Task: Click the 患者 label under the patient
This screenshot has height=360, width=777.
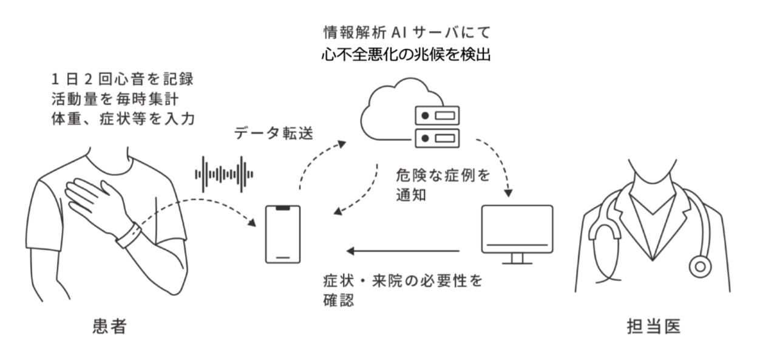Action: pyautogui.click(x=110, y=326)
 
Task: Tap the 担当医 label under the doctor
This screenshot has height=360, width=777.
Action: pyautogui.click(x=654, y=327)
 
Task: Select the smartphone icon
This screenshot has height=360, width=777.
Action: pyautogui.click(x=283, y=234)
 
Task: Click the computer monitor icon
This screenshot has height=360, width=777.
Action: pyautogui.click(x=517, y=234)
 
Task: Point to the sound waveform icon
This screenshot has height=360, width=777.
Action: pyautogui.click(x=224, y=174)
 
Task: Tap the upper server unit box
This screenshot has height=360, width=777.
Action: pyautogui.click(x=437, y=115)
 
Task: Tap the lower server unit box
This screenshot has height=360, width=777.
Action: pyautogui.click(x=437, y=138)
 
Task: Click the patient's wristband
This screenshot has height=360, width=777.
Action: pyautogui.click(x=129, y=235)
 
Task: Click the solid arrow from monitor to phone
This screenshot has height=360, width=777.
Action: pyautogui.click(x=403, y=251)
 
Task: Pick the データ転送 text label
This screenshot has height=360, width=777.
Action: pyautogui.click(x=274, y=133)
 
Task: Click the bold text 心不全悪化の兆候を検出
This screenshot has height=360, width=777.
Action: pyautogui.click(x=406, y=55)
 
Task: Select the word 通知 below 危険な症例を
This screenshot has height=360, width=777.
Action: pyautogui.click(x=411, y=195)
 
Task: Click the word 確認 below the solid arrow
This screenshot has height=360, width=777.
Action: pyautogui.click(x=339, y=301)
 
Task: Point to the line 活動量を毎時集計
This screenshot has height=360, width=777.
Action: pyautogui.click(x=115, y=99)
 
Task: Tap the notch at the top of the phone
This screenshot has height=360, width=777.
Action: pyautogui.click(x=283, y=208)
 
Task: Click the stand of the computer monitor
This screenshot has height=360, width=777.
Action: pyautogui.click(x=517, y=259)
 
